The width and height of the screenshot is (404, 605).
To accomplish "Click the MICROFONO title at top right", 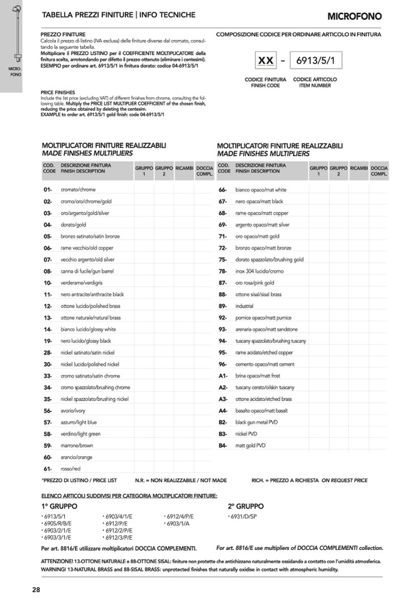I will point(354,16).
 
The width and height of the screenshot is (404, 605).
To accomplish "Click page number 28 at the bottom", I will point(36,590).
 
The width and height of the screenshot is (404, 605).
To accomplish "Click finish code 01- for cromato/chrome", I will point(48,190).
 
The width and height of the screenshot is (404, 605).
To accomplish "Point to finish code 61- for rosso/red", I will point(48,469).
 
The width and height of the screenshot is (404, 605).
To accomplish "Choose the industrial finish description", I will point(245,306).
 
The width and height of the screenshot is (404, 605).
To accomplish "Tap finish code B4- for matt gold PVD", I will point(222,446).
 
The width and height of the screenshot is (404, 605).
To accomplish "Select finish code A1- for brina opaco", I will point(222,376).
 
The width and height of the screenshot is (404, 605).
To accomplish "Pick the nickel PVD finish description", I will point(246,434).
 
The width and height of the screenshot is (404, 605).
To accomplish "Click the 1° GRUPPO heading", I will point(59,506).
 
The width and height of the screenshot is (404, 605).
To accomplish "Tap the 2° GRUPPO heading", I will point(246,506).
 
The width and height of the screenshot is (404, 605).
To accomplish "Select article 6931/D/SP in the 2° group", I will point(244,516).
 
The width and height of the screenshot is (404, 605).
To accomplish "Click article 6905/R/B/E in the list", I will point(57,523).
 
